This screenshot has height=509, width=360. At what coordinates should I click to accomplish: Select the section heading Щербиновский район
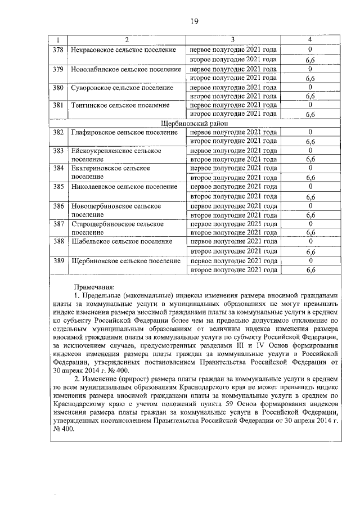[x=186, y=123]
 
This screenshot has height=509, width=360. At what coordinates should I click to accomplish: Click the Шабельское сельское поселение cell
[x=121, y=241]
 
